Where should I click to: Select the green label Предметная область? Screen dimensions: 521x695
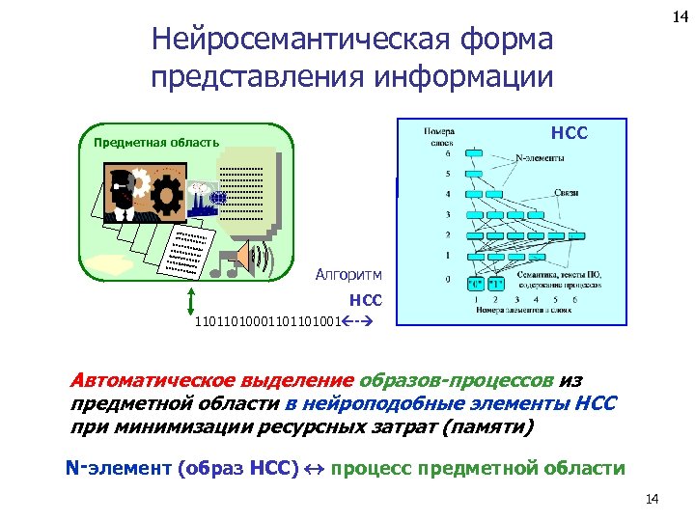pos(156,143)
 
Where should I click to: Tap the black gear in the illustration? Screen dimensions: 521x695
pos(166,195)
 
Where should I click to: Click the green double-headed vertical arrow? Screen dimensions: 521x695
pos(192,302)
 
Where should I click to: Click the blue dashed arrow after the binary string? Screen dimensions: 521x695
pos(353,321)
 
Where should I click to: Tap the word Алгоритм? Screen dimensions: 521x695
pos(348,275)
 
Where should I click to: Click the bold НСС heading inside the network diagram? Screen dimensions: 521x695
pos(569,132)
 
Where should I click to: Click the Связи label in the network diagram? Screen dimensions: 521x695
pos(566,193)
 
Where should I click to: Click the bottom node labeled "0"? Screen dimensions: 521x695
pos(476,284)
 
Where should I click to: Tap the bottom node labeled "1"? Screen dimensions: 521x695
pos(496,284)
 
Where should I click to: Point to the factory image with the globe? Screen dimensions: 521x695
pos(205,198)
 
